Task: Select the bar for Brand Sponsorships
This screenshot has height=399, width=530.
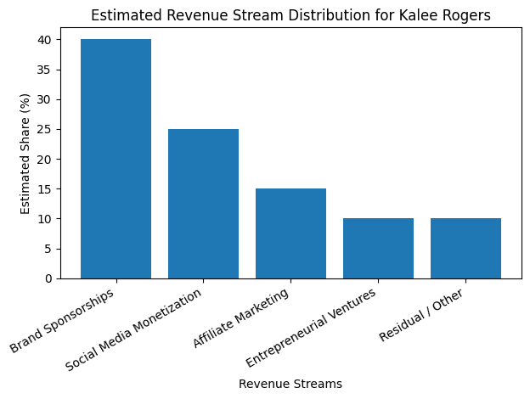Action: [116, 159]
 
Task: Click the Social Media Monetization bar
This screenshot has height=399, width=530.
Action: [203, 204]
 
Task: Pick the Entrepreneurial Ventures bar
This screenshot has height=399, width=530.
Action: [378, 248]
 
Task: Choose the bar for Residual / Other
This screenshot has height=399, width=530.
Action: [465, 248]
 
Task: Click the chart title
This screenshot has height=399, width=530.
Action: [290, 15]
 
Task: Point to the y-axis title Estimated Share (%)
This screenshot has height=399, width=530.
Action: [25, 154]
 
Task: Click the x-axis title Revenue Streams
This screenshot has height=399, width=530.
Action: [290, 384]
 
